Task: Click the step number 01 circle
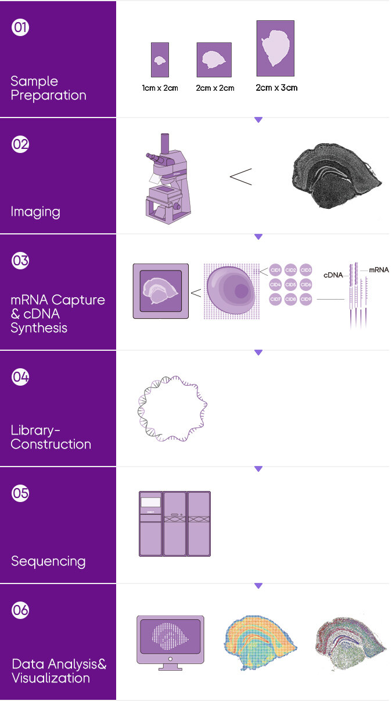pos(20,28)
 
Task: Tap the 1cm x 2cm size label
pos(160,88)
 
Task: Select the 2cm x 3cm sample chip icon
pos(275,48)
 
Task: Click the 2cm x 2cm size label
pos(215,88)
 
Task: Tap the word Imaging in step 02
pos(35,212)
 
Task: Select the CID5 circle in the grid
pos(291,284)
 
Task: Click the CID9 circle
pos(306,299)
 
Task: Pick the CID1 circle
pos(276,270)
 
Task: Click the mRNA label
pos(379,271)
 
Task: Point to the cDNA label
pos(333,275)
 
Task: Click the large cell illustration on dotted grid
pos(231,291)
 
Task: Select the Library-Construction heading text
pos(51,437)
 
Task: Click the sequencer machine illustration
pos(174,524)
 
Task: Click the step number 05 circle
pos(20,493)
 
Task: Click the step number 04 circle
pos(20,377)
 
